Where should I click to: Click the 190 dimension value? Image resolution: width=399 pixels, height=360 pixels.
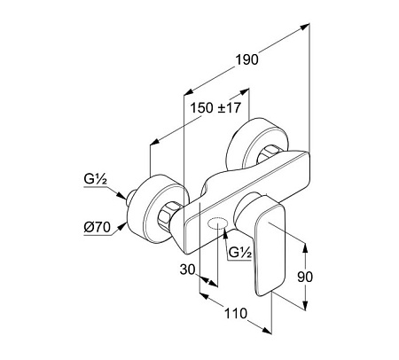[x=246, y=59]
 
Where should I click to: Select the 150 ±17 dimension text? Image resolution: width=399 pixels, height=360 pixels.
[x=215, y=108]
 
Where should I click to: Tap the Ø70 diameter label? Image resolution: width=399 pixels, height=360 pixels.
[x=97, y=227]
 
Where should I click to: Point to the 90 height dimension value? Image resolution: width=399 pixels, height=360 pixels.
[x=305, y=277]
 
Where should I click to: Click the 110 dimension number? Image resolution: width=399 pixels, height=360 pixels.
[x=236, y=313]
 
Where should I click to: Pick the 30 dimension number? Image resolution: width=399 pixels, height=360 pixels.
[x=188, y=270]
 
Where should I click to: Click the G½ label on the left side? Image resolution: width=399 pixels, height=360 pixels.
[x=95, y=179]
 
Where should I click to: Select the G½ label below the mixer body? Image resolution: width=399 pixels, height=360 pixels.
[x=240, y=253]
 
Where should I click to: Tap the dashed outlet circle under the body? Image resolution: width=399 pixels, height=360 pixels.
[x=218, y=224]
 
